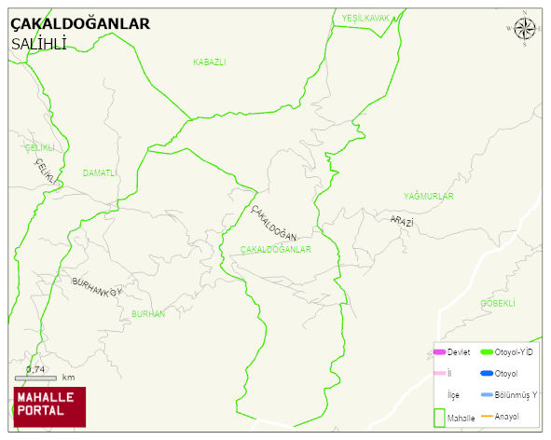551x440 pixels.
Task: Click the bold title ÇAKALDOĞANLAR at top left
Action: tap(79, 24)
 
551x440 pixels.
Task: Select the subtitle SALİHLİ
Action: tap(38, 44)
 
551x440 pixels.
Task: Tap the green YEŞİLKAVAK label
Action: tap(365, 18)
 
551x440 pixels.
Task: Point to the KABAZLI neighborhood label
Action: tap(209, 62)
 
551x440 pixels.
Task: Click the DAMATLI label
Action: tap(100, 172)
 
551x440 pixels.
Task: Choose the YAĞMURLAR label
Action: tap(428, 197)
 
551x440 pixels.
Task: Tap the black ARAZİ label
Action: tap(402, 221)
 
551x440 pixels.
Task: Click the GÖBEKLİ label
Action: tap(497, 303)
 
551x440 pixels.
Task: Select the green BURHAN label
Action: tap(148, 314)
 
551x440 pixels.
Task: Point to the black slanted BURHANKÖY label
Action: tap(97, 285)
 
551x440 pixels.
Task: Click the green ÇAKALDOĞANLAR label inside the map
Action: tap(275, 250)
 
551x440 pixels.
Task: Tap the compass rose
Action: tap(525, 31)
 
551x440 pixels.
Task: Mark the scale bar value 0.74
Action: tap(35, 369)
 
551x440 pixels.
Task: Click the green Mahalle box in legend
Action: tap(439, 418)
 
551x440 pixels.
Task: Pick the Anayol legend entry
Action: tap(506, 416)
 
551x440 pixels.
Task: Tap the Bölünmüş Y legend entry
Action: tap(516, 394)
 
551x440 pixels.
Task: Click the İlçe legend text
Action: tap(453, 394)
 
